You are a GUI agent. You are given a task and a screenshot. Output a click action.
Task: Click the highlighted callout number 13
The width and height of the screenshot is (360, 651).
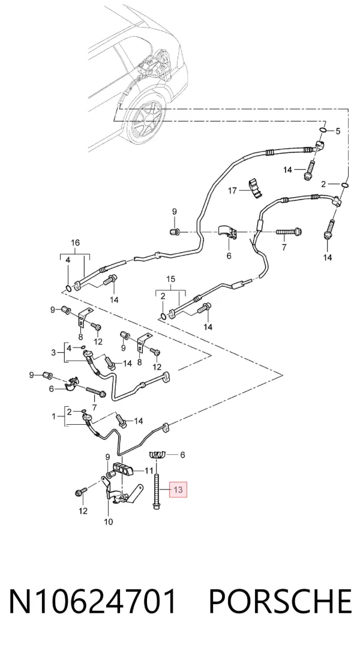tap(178, 490)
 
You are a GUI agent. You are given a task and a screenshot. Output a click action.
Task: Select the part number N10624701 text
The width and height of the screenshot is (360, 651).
tap(93, 602)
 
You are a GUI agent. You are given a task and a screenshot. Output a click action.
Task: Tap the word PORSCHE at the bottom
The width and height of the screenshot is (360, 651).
tap(280, 602)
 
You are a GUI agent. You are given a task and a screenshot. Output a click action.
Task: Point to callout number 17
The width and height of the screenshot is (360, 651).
tap(232, 191)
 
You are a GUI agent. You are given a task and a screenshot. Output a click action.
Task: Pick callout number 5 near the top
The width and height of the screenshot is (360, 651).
tap(338, 131)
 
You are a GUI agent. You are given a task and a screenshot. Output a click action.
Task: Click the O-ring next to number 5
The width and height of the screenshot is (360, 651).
tap(323, 131)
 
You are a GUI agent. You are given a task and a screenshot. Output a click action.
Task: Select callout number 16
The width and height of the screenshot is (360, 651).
tap(75, 242)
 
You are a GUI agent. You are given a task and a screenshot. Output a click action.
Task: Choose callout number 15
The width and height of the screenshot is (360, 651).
tap(171, 280)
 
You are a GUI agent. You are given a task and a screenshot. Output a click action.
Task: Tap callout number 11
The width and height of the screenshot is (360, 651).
tap(149, 470)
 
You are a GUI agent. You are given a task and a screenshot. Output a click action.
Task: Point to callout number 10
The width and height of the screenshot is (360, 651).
tap(109, 521)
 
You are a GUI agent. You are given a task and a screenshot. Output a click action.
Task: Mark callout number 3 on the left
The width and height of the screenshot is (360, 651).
tap(53, 353)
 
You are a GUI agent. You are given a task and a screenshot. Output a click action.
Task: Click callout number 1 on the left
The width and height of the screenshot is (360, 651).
tap(53, 416)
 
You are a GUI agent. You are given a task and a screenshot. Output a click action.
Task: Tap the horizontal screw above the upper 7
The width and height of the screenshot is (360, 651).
tap(288, 231)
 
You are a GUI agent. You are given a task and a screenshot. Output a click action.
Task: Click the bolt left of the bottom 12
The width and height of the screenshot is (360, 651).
tap(80, 492)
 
